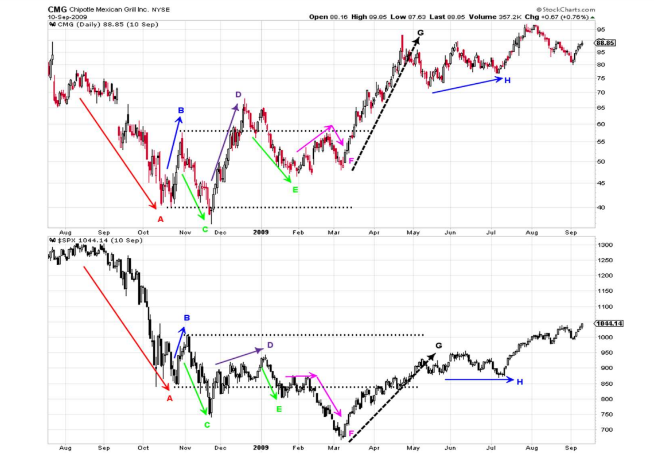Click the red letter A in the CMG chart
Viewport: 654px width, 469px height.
(161, 219)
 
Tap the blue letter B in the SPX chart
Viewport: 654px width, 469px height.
(187, 317)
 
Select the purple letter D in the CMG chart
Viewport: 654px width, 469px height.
(238, 94)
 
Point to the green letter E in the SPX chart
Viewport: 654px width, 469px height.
(279, 409)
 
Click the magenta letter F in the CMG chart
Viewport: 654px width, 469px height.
(351, 161)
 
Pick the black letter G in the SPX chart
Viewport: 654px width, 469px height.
(439, 346)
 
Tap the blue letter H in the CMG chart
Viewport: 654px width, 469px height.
(507, 80)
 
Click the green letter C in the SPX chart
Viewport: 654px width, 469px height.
(207, 425)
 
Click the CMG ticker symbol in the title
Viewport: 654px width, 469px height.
(57, 9)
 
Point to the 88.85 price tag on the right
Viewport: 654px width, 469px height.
(606, 42)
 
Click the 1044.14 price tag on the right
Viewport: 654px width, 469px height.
(609, 323)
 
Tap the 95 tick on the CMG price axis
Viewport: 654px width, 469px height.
(601, 29)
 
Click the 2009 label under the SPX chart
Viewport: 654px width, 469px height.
(260, 447)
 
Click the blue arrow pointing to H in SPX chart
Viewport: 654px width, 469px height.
(479, 379)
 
